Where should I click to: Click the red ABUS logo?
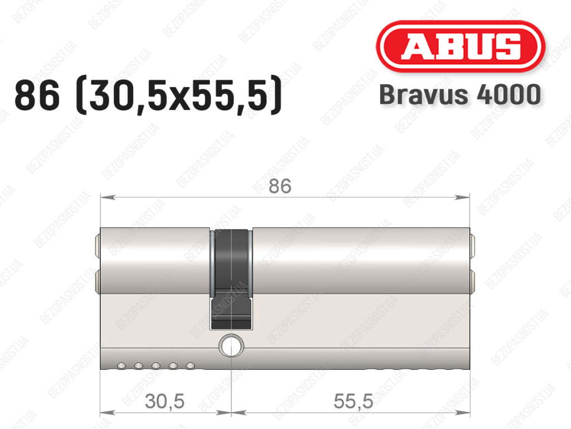[460, 46]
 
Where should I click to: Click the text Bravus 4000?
[460, 95]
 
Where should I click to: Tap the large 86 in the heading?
[37, 96]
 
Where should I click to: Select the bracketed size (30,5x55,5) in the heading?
[179, 96]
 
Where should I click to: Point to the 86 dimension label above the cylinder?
[280, 186]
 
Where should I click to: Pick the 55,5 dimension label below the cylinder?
[353, 401]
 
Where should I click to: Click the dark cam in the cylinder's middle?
[231, 279]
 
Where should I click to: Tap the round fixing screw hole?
[231, 345]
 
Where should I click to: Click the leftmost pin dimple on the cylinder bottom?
[121, 365]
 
